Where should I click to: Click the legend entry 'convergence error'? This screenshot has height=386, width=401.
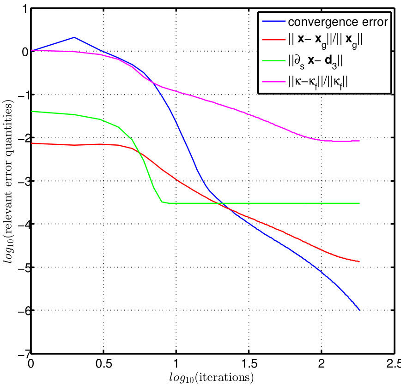pyautogui.click(x=337, y=22)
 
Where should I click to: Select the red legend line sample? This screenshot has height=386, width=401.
pyautogui.click(x=272, y=41)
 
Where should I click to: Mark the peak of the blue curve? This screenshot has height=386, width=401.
pyautogui.click(x=74, y=37)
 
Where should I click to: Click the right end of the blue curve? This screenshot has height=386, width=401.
pyautogui.click(x=359, y=310)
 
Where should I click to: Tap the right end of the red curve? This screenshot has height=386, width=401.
pyautogui.click(x=359, y=261)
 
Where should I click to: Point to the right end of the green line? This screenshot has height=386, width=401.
pyautogui.click(x=359, y=203)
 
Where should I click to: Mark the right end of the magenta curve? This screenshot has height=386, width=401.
pyautogui.click(x=359, y=141)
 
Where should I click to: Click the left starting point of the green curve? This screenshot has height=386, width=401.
pyautogui.click(x=31, y=111)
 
